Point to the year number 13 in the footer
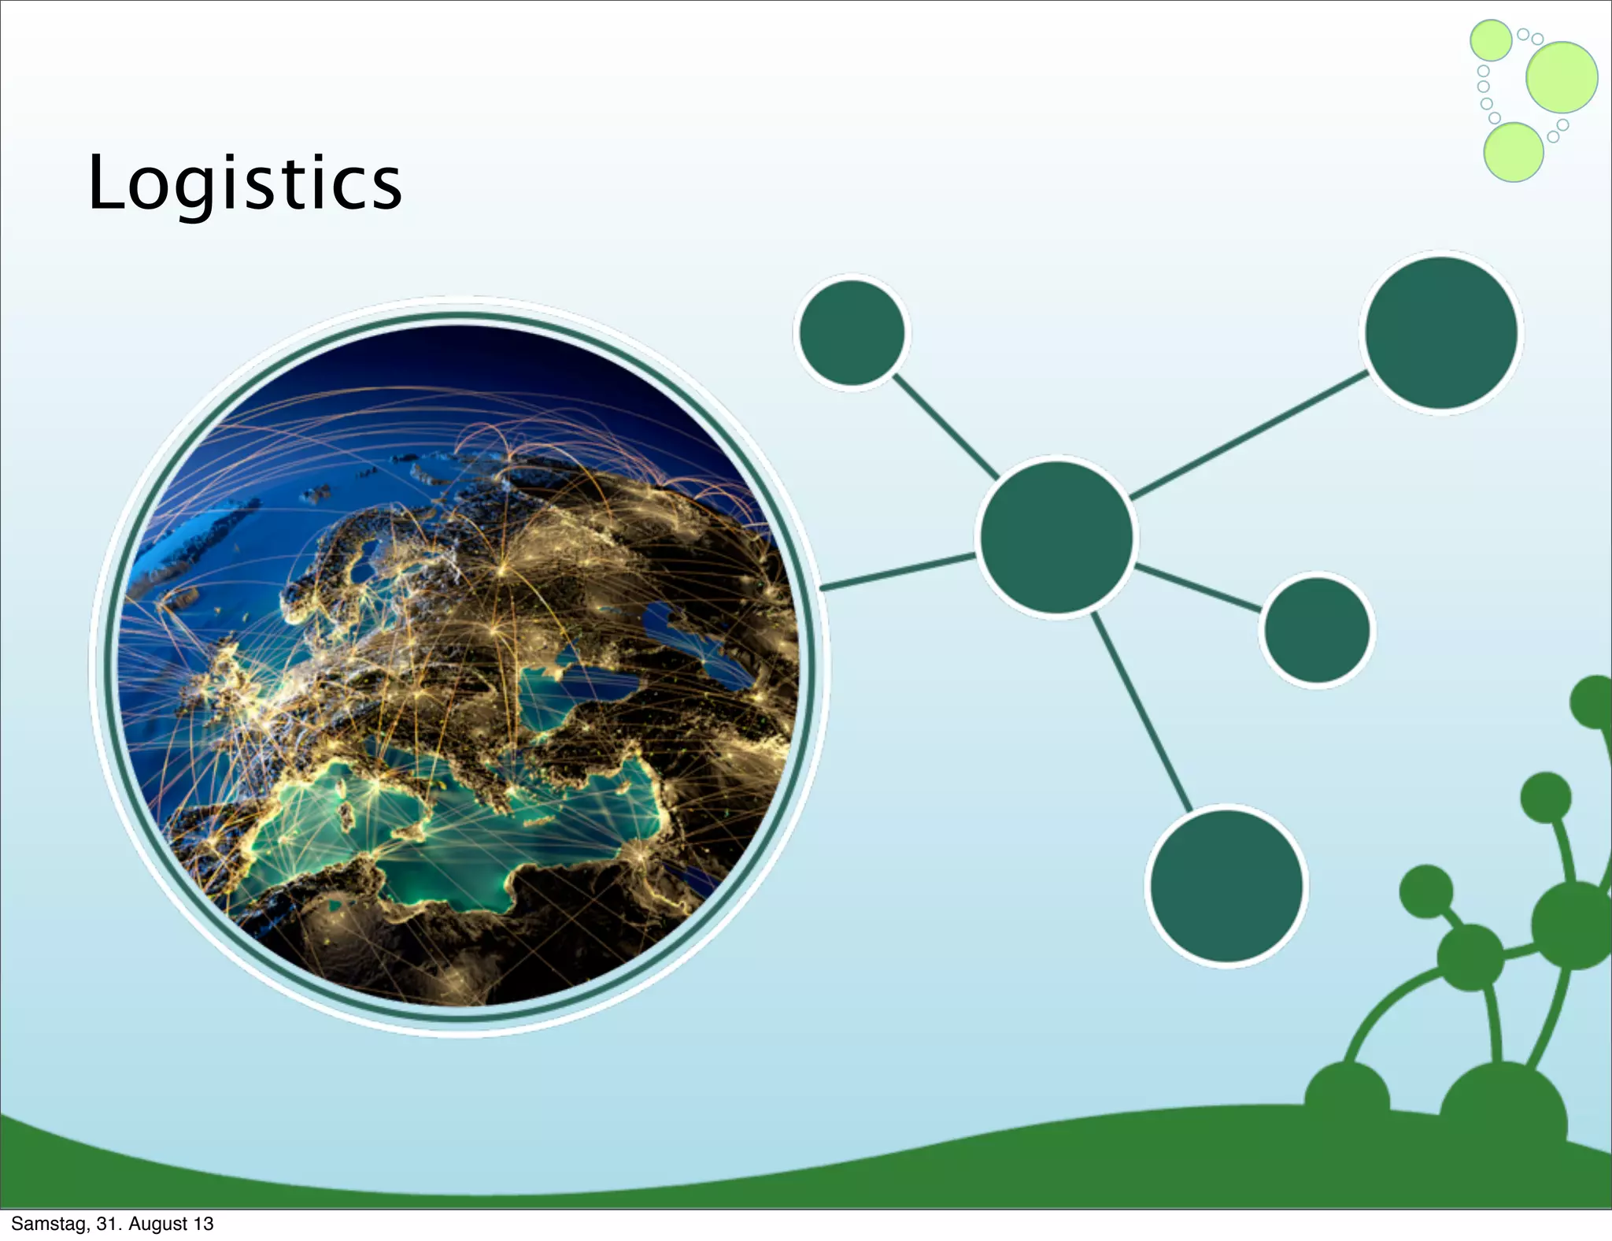(x=204, y=1224)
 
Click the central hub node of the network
(x=1056, y=537)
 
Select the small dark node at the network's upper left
(x=852, y=332)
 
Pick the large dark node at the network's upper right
(x=1441, y=332)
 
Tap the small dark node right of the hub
(x=1316, y=629)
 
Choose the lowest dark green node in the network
(x=1226, y=885)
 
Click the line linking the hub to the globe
(x=897, y=572)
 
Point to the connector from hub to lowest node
(x=1141, y=712)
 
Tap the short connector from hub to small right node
(x=1198, y=587)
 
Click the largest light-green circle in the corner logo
(x=1562, y=77)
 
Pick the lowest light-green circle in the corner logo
(x=1513, y=152)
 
